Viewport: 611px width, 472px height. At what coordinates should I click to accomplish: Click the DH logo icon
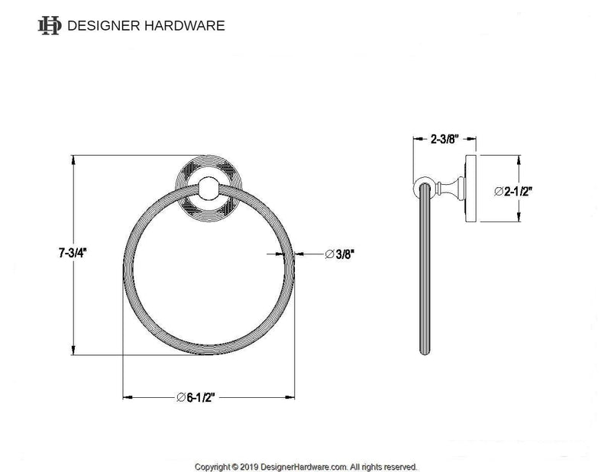49,25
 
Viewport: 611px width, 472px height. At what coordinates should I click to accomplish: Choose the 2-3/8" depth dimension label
444,140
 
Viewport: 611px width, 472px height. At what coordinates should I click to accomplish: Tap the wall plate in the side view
471,191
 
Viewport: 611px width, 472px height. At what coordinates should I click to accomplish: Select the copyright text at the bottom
305,466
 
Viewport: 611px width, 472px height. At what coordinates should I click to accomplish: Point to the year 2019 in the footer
248,466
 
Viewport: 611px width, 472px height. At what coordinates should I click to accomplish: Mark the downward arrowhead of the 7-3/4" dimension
73,354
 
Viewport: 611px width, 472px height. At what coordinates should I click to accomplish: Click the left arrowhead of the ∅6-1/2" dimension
127,396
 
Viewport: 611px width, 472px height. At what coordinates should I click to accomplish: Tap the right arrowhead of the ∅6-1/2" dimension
292,396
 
